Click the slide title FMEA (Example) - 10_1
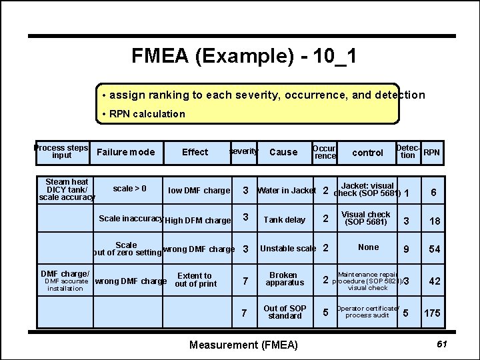click(243, 56)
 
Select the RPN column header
click(432, 152)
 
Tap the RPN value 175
click(432, 313)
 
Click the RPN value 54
click(434, 249)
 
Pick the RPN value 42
click(434, 281)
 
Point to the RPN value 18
click(434, 221)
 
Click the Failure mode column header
click(125, 152)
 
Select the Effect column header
click(195, 152)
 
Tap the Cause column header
click(283, 152)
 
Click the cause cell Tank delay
click(284, 220)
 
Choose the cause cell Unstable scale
click(288, 249)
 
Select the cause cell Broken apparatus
click(283, 279)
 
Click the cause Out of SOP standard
click(285, 312)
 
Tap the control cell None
click(368, 247)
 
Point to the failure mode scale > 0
click(130, 189)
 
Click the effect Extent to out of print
click(195, 280)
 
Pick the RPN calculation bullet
click(144, 114)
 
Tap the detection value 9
click(406, 249)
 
